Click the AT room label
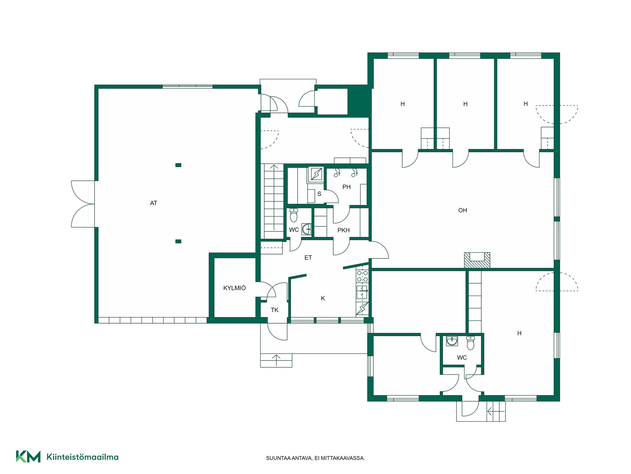click(153, 203)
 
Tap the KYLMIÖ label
click(234, 288)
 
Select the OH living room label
click(462, 210)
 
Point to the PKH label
click(343, 230)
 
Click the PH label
click(346, 187)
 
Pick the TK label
click(274, 310)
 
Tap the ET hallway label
click(308, 258)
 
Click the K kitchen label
click(323, 299)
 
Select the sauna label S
click(319, 194)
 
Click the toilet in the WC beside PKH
click(293, 215)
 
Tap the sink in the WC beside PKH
click(307, 229)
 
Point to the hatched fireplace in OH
click(477, 260)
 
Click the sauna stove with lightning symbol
click(316, 174)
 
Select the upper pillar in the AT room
click(178, 165)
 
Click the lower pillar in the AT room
click(178, 241)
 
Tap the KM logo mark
click(28, 457)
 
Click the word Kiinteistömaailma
click(82, 457)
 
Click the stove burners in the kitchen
click(362, 276)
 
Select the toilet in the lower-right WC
click(471, 343)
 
